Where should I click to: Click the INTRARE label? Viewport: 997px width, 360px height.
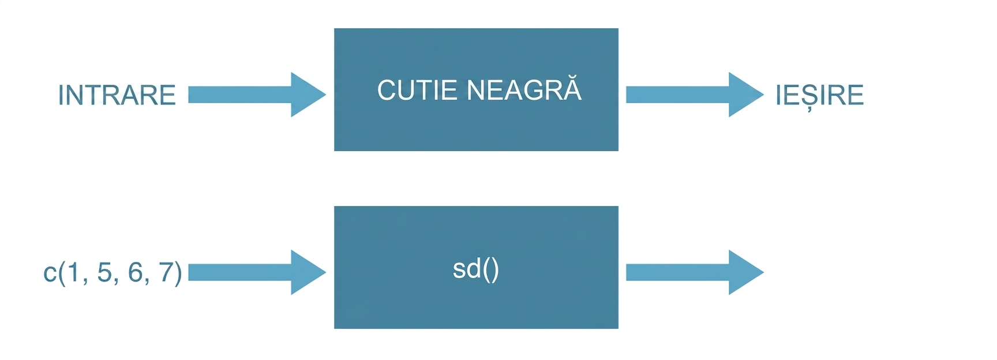117,95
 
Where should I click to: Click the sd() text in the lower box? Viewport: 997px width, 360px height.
476,269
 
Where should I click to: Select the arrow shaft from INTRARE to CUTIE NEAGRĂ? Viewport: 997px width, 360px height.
240,95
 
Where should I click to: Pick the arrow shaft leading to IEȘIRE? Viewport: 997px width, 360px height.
678,95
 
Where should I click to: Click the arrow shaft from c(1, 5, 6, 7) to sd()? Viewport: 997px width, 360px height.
240,272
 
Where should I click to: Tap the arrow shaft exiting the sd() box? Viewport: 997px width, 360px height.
678,272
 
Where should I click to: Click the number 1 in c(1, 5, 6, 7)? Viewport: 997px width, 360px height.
73,272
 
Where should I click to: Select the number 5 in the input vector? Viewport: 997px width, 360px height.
104,272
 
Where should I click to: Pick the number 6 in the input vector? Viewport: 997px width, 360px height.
135,272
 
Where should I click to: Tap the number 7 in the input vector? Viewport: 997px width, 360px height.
166,272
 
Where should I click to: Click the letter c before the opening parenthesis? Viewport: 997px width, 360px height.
50,273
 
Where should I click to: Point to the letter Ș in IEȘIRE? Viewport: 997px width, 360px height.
810,97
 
